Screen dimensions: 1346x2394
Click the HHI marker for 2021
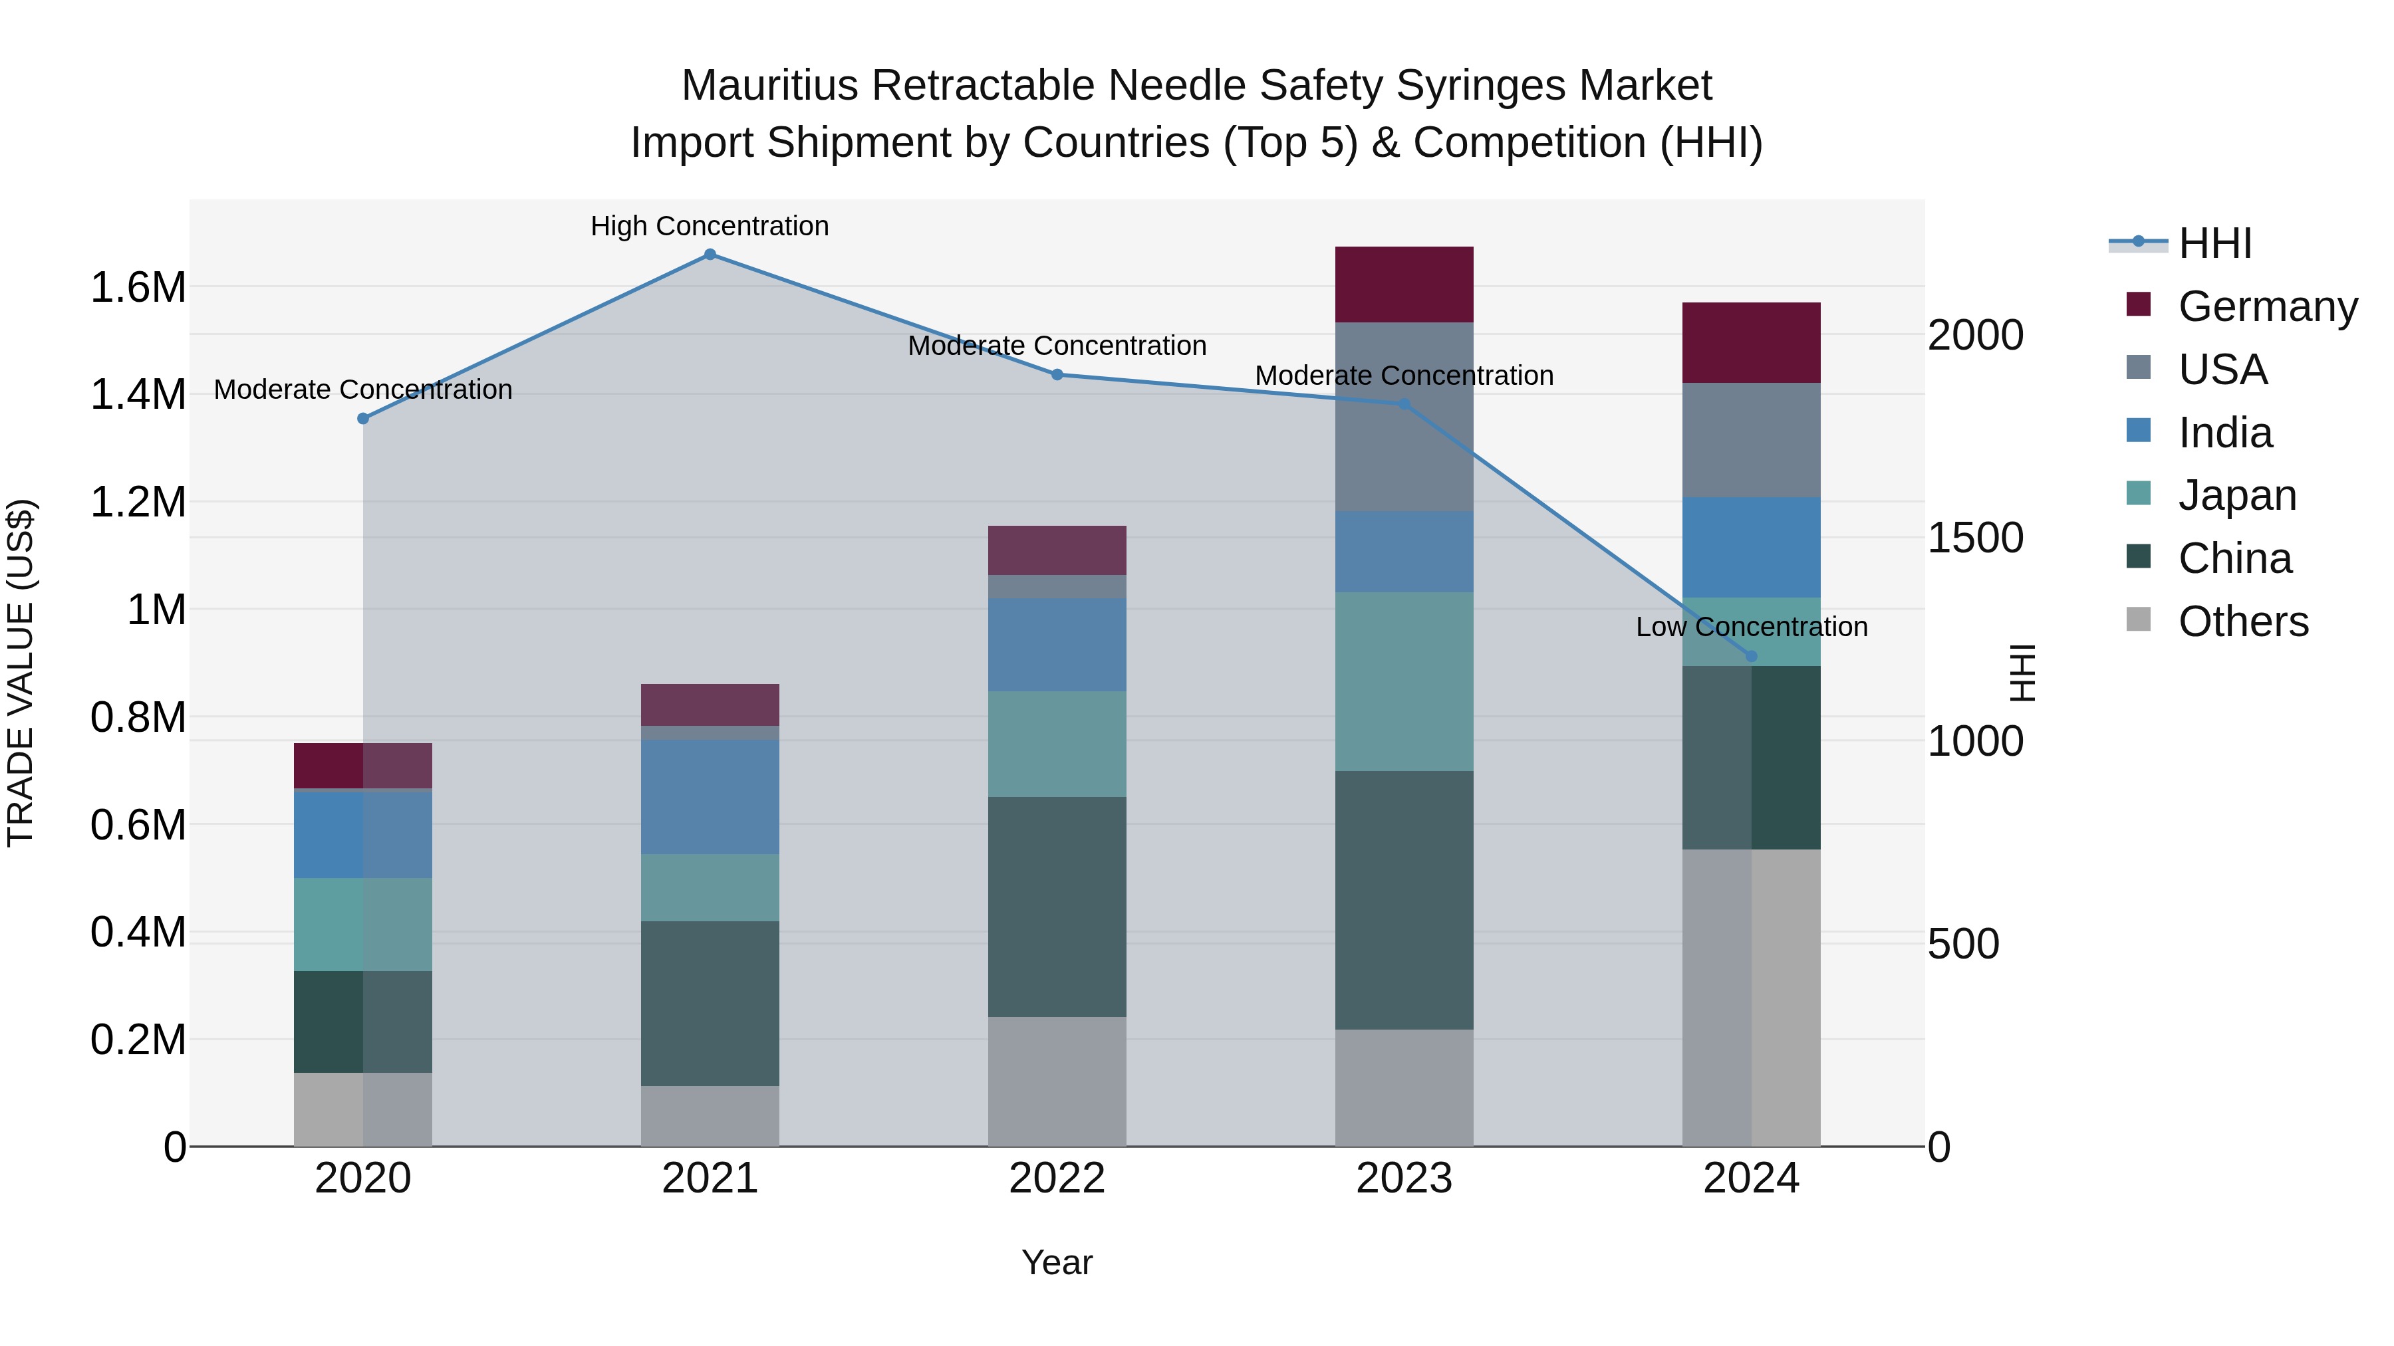[710, 255]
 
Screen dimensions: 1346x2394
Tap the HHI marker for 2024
[1751, 656]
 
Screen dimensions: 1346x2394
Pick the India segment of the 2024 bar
[1751, 547]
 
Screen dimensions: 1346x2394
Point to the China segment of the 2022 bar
[1057, 907]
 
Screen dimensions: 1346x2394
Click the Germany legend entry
[2268, 306]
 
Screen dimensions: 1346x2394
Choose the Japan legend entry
[2237, 495]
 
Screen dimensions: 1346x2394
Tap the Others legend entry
[2242, 621]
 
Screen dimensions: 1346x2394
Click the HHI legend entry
[2214, 243]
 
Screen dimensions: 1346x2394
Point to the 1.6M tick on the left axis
[138, 287]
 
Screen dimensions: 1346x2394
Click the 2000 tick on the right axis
[1976, 336]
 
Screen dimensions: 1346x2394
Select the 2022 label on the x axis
[1057, 1178]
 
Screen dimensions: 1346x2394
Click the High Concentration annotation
[710, 226]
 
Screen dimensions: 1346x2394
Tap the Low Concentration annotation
[1751, 627]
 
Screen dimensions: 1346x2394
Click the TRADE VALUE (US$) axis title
[21, 673]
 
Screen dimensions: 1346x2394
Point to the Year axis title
[1057, 1262]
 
